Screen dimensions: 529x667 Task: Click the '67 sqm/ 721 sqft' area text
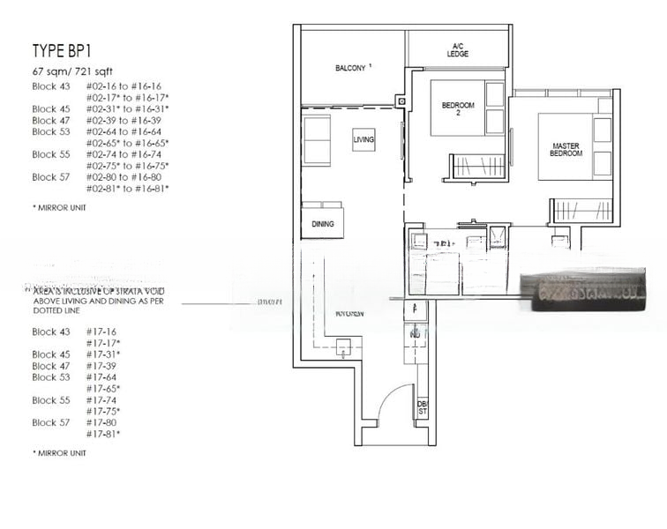click(72, 71)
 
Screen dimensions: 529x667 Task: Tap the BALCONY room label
click(352, 68)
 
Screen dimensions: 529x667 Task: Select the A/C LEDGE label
click(458, 50)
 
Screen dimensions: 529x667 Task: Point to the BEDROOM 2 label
click(458, 109)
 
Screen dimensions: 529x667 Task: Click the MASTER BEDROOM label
click(566, 149)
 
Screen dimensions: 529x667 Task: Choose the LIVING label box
click(363, 140)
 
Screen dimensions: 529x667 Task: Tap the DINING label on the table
click(323, 224)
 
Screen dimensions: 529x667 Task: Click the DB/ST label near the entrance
click(422, 406)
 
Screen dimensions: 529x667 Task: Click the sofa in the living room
click(316, 139)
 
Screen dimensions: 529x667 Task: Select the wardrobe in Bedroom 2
click(476, 166)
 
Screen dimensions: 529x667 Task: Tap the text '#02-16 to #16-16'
click(124, 86)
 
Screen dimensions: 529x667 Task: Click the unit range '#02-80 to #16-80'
click(124, 176)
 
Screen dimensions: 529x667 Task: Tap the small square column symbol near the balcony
click(401, 101)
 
